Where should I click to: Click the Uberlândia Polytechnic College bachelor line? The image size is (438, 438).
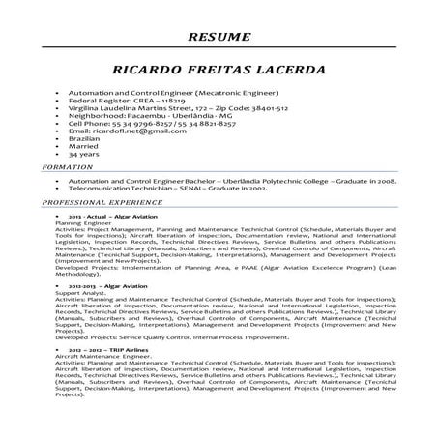[232, 180]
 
